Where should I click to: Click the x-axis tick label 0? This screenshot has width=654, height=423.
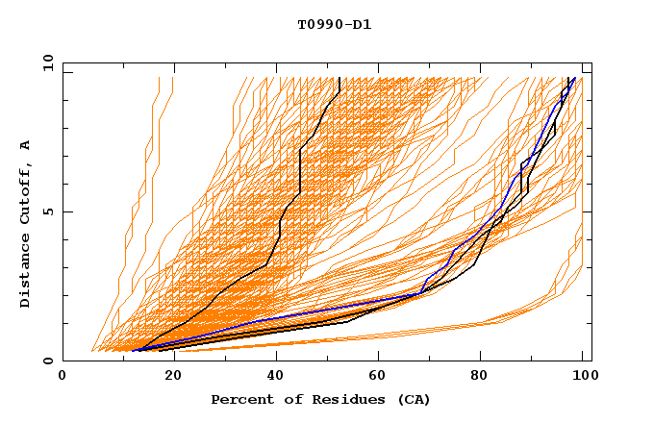click(63, 377)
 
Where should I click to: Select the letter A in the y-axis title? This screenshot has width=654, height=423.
click(26, 145)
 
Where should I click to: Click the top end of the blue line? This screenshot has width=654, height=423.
click(574, 78)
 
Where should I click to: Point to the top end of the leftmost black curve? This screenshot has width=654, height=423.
click(340, 78)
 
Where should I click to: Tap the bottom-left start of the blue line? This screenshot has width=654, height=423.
click(133, 350)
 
